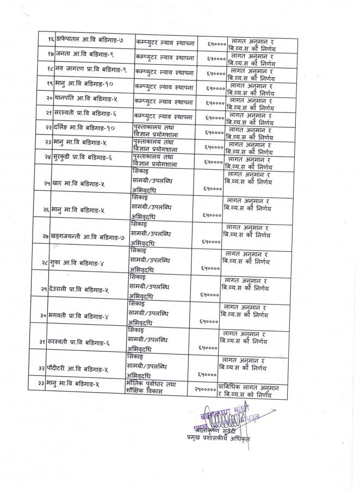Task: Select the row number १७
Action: (x=49, y=56)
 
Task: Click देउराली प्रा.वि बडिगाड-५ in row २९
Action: (x=81, y=292)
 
